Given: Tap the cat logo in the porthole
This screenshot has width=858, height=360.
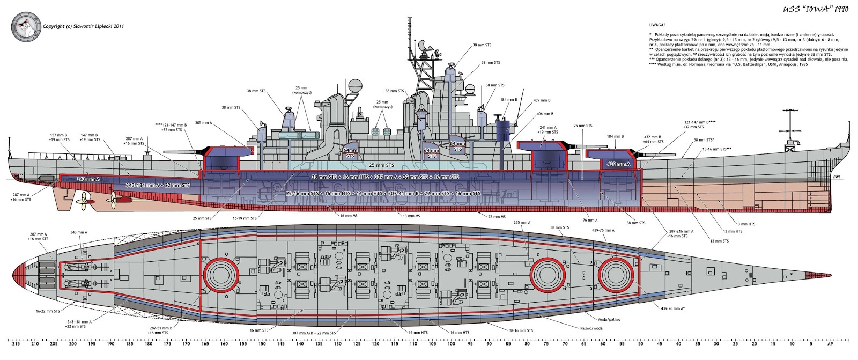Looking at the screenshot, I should [x=25, y=25].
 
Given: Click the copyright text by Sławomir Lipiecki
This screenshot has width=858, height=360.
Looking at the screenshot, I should [x=83, y=26].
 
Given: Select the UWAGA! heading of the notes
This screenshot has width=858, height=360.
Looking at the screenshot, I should [x=656, y=25].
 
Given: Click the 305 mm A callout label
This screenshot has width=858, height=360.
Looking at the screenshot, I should [x=203, y=123].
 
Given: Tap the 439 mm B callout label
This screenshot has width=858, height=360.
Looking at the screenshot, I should [x=542, y=100].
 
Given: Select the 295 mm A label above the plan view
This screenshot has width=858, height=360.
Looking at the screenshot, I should [x=521, y=222].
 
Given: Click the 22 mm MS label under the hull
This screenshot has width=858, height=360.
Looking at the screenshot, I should [x=497, y=217].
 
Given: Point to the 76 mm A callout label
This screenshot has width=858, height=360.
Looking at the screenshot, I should [x=590, y=220].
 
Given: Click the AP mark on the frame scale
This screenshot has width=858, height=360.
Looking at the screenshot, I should [x=829, y=344].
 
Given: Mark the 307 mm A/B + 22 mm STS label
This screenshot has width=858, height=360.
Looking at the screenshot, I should [x=314, y=333].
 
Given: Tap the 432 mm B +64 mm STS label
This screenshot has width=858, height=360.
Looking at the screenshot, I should [x=653, y=139].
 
